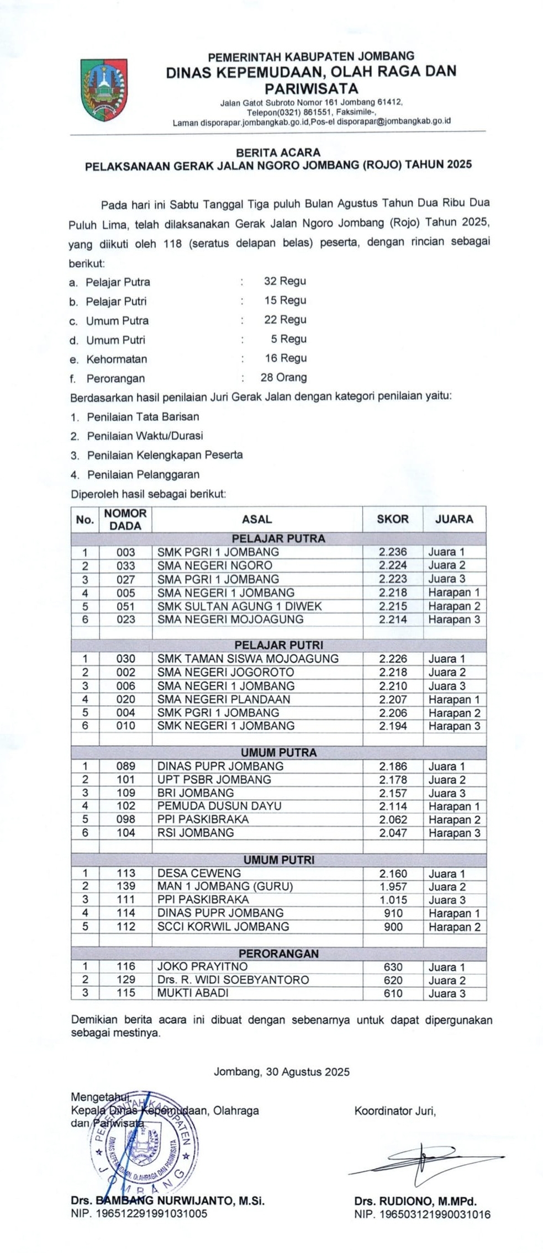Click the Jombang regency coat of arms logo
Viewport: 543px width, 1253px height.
[103, 89]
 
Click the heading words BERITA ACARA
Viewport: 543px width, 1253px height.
[278, 152]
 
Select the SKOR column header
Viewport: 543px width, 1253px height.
[393, 519]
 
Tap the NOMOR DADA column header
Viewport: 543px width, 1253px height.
[125, 519]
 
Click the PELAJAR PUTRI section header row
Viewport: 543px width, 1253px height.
[278, 645]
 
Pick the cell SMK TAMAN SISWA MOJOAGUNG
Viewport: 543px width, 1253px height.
[247, 659]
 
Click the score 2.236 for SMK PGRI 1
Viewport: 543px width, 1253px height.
[393, 552]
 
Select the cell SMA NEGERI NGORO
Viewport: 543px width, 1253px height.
[215, 565]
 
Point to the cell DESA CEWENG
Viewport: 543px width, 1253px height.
[199, 873]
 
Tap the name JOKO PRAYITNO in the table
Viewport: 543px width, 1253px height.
[203, 966]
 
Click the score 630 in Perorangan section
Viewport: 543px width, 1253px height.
[393, 967]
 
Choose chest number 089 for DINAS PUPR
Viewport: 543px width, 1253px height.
[125, 766]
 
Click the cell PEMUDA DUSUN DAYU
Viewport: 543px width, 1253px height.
[219, 806]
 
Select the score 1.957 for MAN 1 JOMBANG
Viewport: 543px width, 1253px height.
[393, 886]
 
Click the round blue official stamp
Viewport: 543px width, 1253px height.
[143, 1143]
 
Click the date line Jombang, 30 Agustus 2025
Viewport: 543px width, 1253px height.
[282, 1072]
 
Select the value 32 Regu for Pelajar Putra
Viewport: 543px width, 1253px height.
[284, 281]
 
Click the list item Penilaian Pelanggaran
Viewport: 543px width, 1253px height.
[143, 474]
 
